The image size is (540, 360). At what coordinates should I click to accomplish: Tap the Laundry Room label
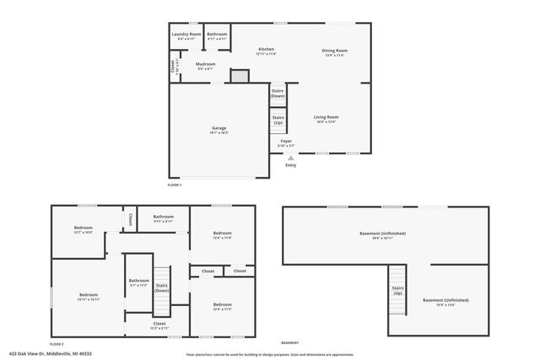[x=186, y=35]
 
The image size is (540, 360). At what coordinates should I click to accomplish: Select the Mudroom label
[x=206, y=64]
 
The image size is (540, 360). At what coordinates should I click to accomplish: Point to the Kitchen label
[x=266, y=51]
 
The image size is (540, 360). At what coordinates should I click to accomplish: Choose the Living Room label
[x=326, y=118]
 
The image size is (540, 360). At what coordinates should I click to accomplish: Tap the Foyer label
[x=286, y=142]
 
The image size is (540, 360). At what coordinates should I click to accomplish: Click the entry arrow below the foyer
[x=291, y=157]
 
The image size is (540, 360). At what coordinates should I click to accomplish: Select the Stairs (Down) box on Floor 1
[x=278, y=94]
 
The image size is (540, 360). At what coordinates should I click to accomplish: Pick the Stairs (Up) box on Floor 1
[x=278, y=121]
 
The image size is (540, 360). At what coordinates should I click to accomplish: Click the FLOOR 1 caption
[x=175, y=184]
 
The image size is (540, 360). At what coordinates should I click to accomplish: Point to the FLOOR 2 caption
[x=57, y=344]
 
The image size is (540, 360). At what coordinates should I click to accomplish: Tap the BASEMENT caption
[x=289, y=343]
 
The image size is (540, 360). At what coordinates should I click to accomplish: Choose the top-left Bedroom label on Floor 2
[x=83, y=228]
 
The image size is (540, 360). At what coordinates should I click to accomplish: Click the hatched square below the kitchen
[x=240, y=77]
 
